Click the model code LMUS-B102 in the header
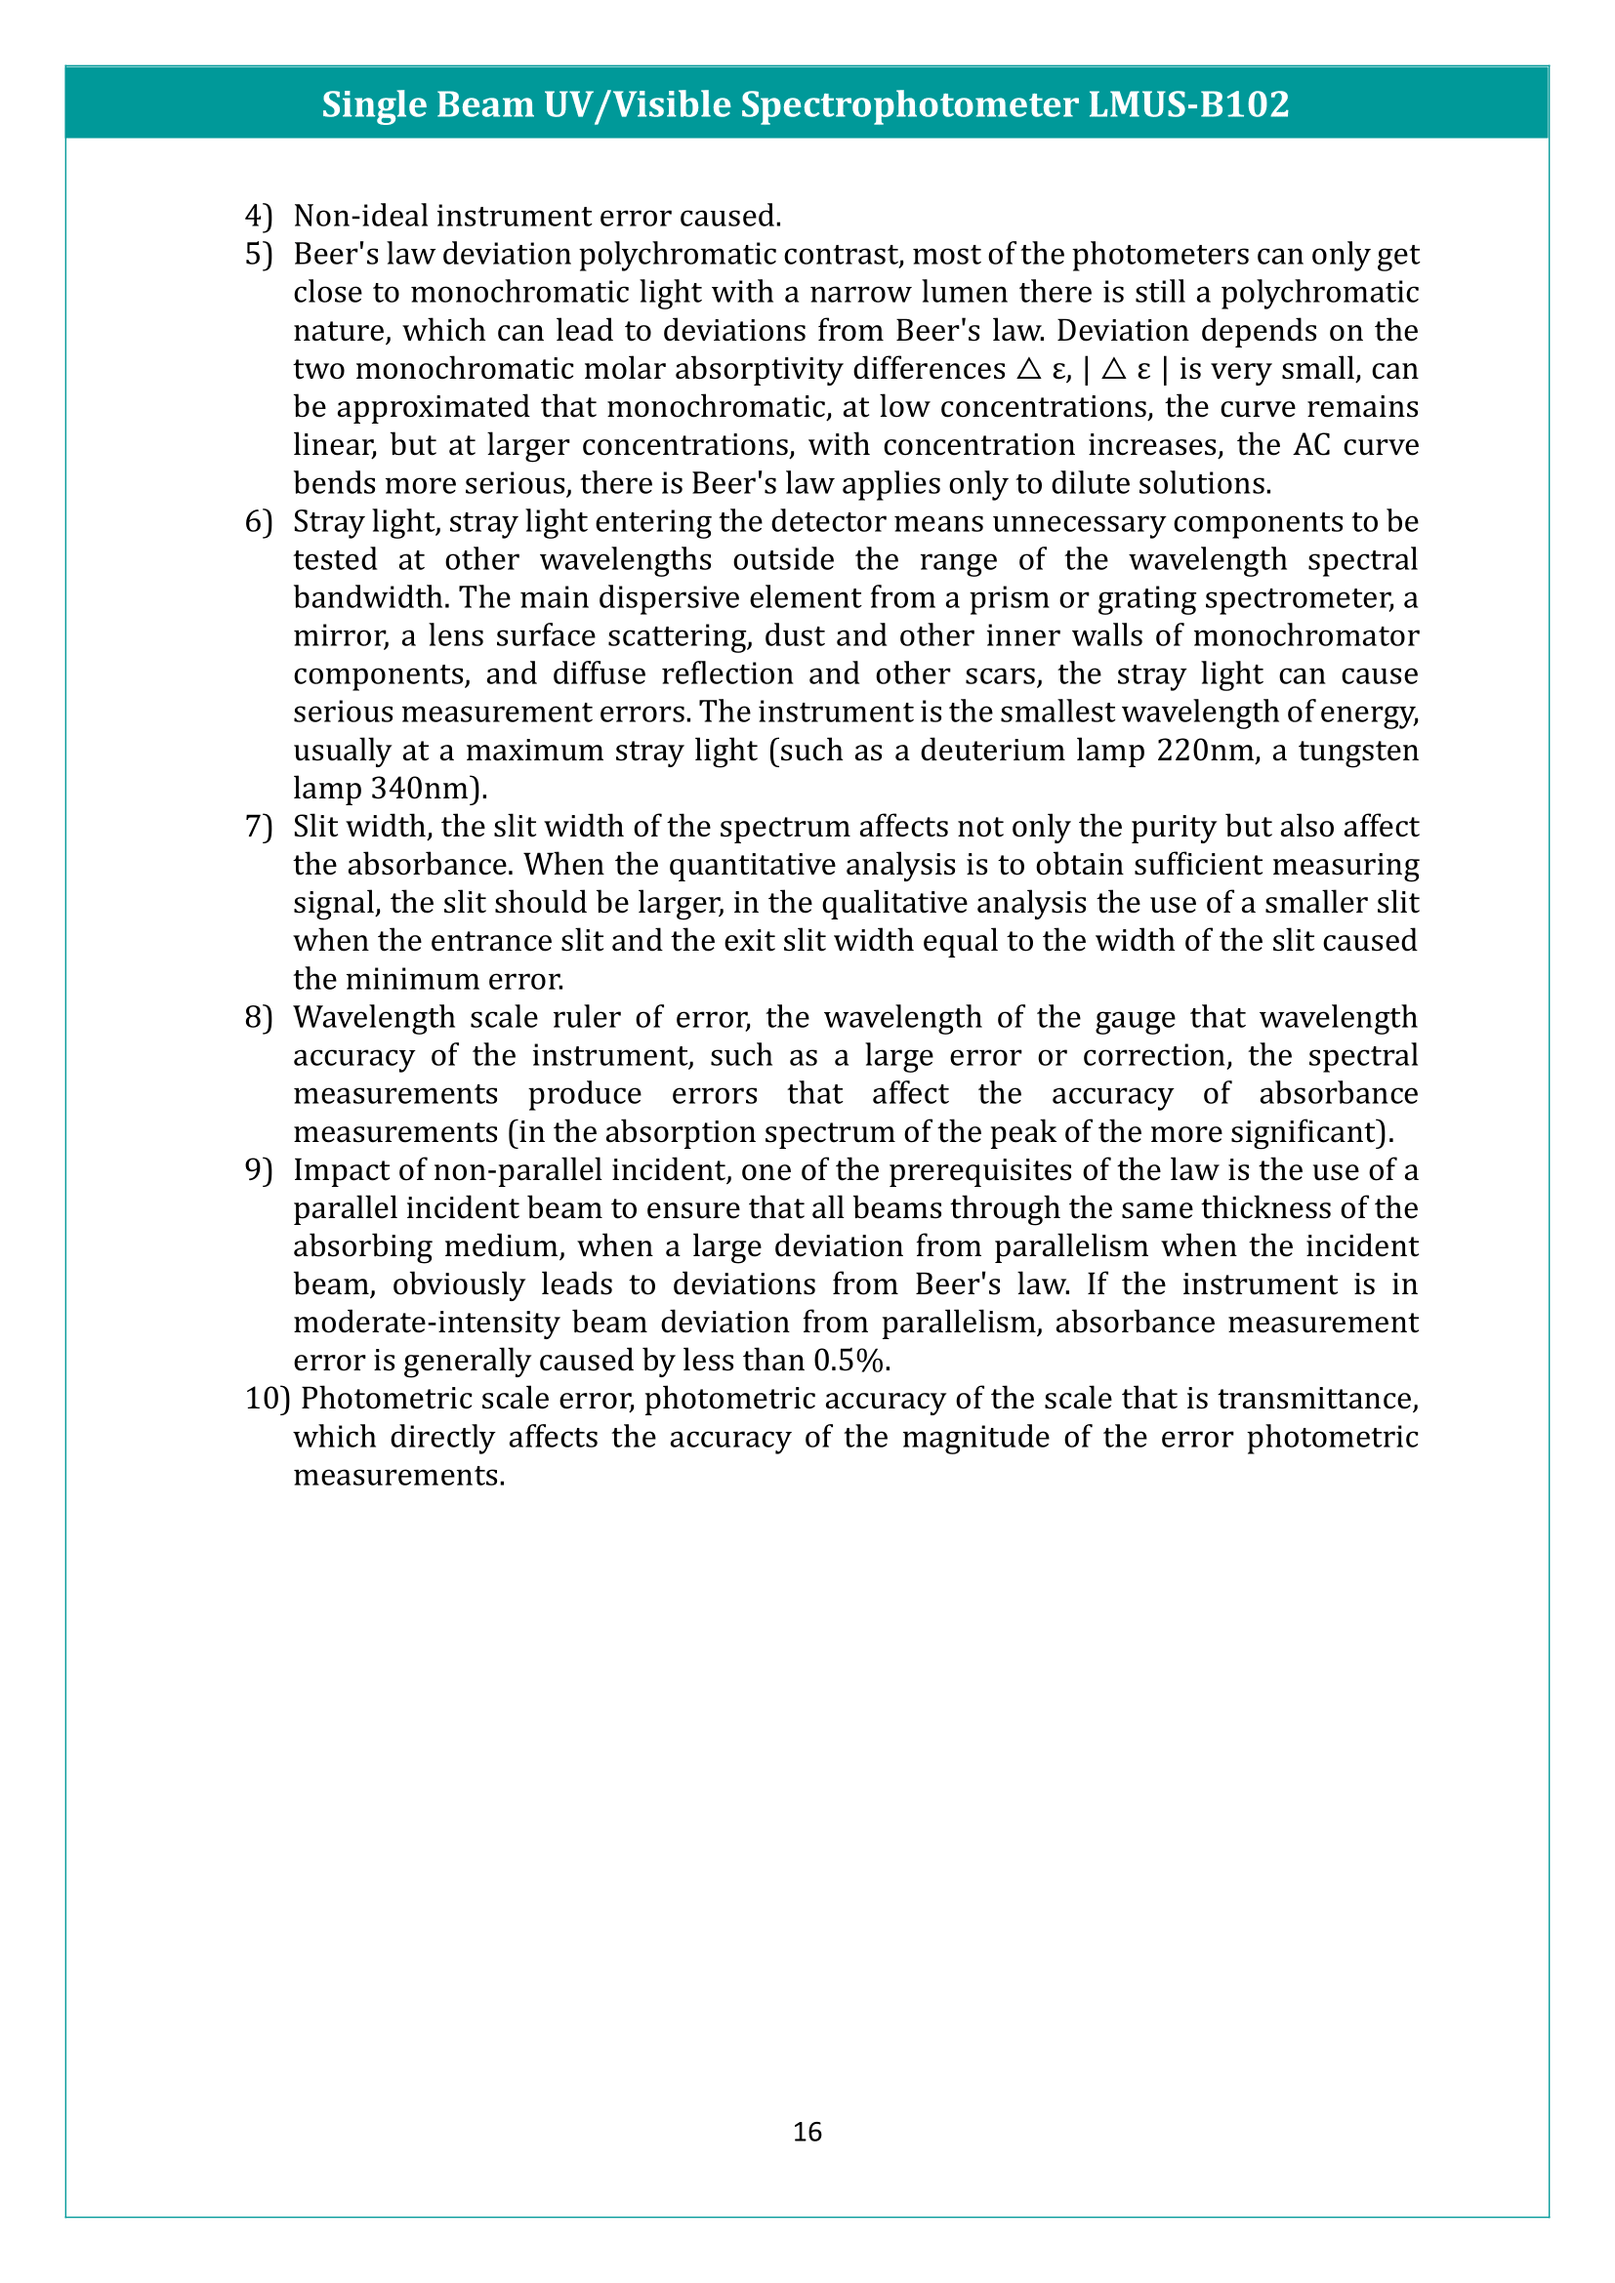1188,104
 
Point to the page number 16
807,2132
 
